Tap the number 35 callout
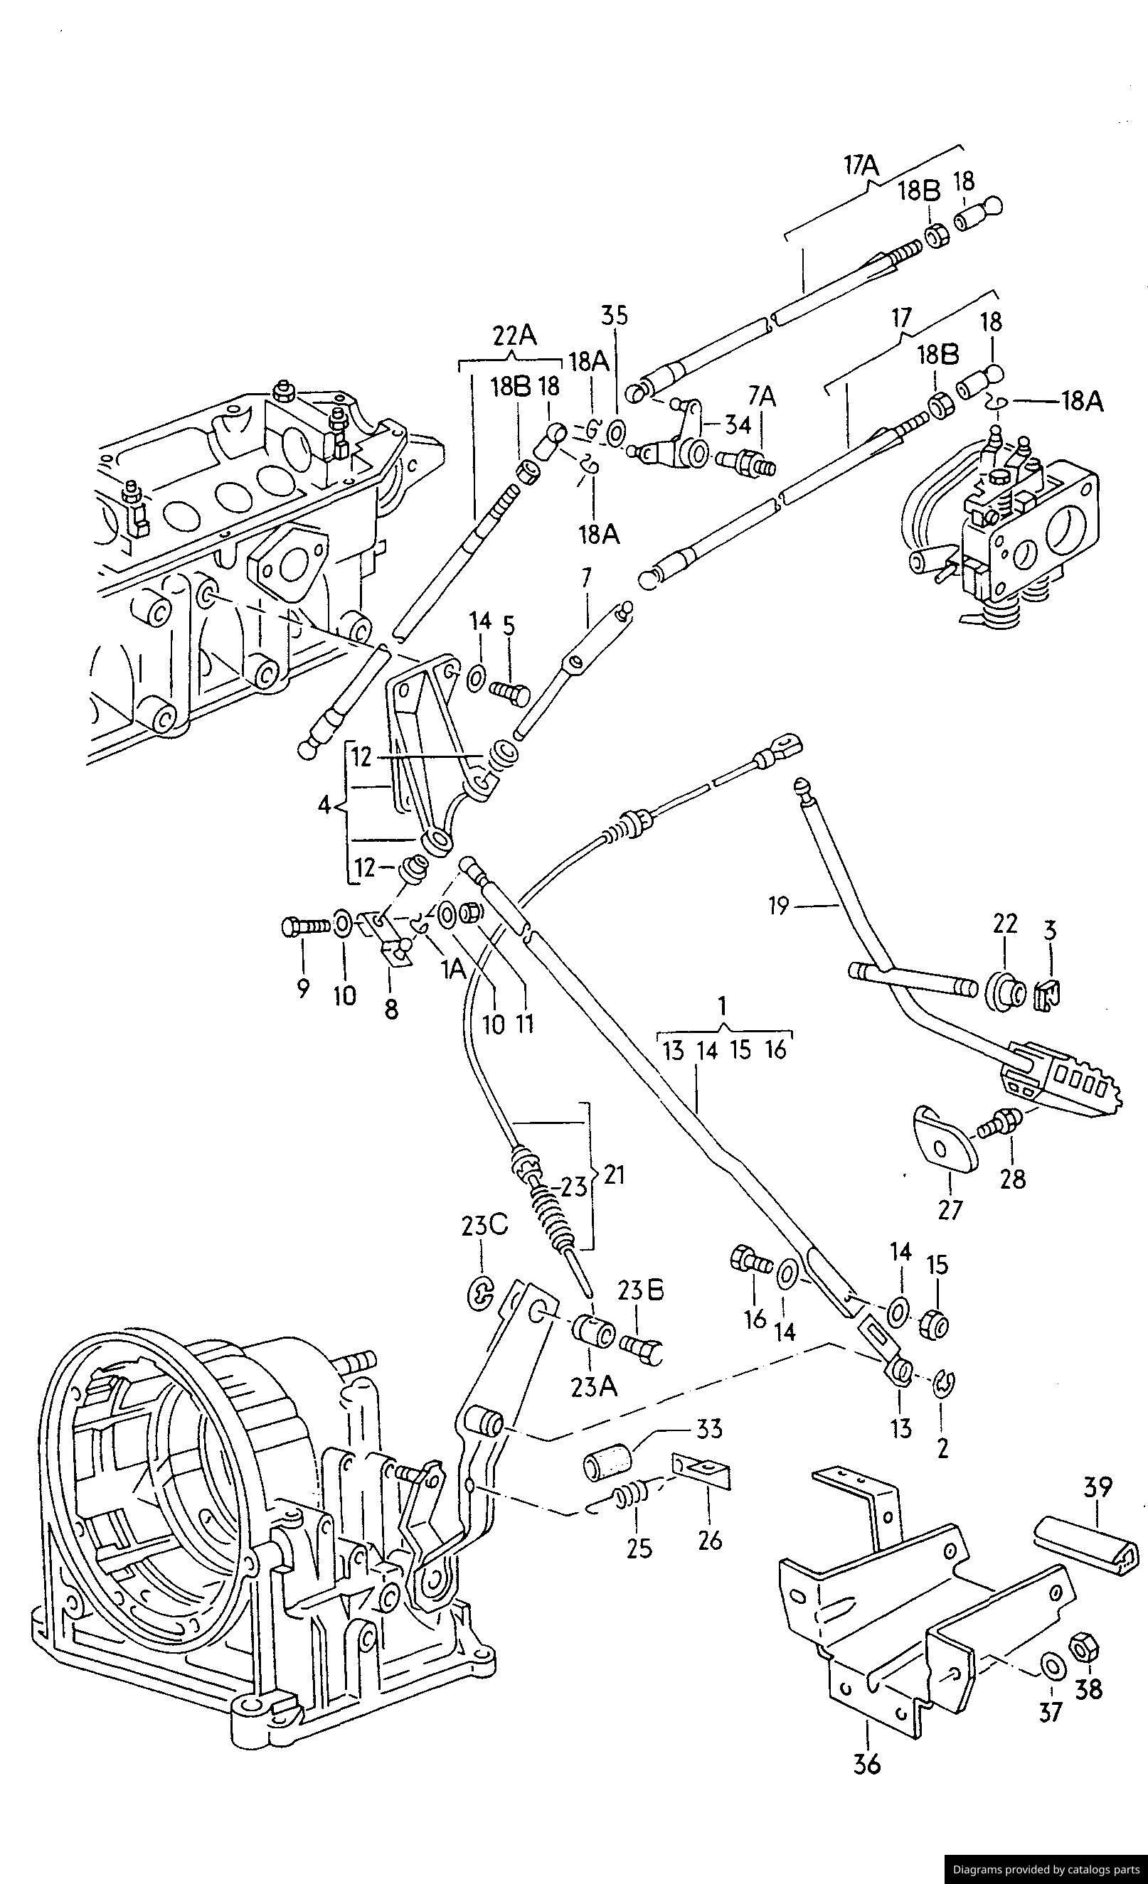(612, 316)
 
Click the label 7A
(761, 396)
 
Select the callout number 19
(779, 907)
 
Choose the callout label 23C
(484, 1226)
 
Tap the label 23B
(641, 1290)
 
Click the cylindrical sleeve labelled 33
(608, 1465)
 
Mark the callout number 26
(710, 1538)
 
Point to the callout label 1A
(454, 970)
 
